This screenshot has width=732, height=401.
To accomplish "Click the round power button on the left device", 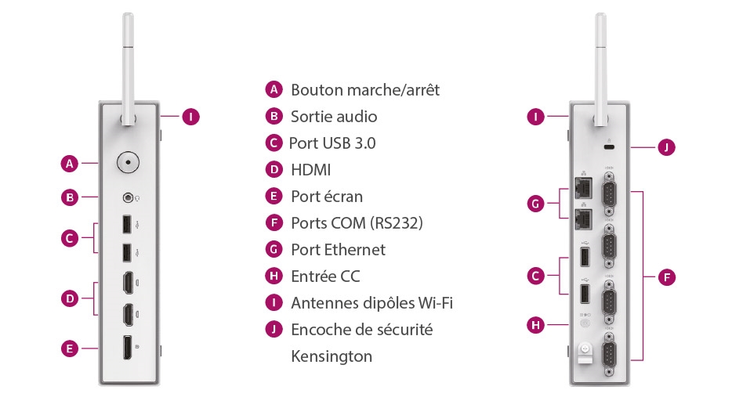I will pyautogui.click(x=127, y=163).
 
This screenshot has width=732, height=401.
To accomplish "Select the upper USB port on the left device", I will pyautogui.click(x=127, y=225).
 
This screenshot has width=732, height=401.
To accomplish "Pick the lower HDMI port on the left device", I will pyautogui.click(x=127, y=315).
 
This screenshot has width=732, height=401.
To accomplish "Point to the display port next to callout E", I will pyautogui.click(x=127, y=349).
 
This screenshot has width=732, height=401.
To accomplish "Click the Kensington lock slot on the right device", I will pyautogui.click(x=608, y=147).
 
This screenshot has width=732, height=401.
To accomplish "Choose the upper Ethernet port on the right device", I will pyautogui.click(x=583, y=187).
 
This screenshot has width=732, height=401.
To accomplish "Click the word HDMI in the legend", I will pyautogui.click(x=310, y=169).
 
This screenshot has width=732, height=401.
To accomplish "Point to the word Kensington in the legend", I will pyautogui.click(x=332, y=356).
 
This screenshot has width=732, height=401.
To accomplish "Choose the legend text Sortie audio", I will pyautogui.click(x=334, y=117).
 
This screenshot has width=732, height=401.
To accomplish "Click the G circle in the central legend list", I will pyautogui.click(x=274, y=250).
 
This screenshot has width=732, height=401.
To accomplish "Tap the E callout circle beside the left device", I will pyautogui.click(x=71, y=349).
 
